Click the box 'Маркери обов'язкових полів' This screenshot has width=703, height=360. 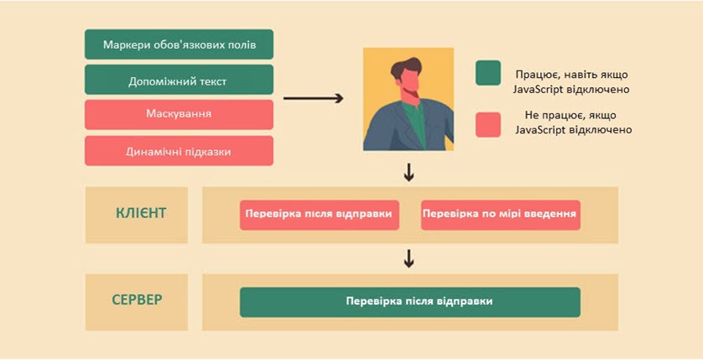(179, 44)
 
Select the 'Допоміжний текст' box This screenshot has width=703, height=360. (179, 80)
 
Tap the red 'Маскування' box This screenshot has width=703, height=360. (179, 115)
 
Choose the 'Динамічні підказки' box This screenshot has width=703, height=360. (179, 151)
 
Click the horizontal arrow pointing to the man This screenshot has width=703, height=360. (314, 98)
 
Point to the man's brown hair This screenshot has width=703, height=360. (405, 68)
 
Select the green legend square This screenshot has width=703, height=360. (488, 73)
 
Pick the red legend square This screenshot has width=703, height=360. (488, 125)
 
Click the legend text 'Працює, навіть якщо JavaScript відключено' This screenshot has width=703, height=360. (570, 82)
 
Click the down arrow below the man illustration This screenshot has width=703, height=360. (409, 173)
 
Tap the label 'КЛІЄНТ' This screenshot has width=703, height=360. (141, 213)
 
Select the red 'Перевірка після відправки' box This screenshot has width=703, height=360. (320, 215)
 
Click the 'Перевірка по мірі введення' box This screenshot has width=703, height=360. (500, 215)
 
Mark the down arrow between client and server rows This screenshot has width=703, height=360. (409, 259)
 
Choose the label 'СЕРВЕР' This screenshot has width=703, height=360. (138, 300)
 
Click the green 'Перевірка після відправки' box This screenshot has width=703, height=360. (409, 302)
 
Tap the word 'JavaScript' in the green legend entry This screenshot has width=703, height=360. (538, 89)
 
